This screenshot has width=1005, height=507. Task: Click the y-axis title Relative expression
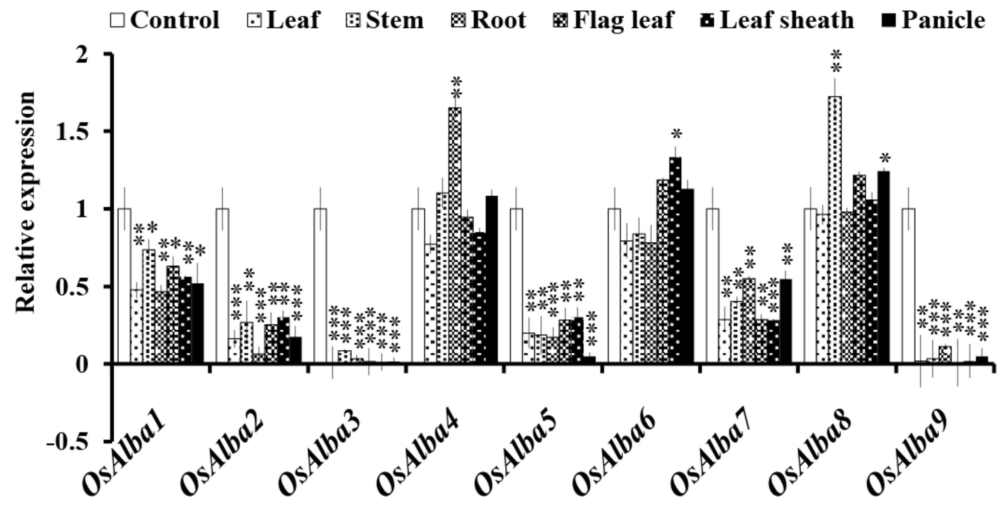pyautogui.click(x=26, y=203)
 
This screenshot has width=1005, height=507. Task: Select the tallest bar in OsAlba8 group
pyautogui.click(x=835, y=230)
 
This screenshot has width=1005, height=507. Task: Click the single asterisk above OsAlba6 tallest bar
pyautogui.click(x=677, y=135)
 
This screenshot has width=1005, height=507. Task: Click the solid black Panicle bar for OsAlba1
pyautogui.click(x=198, y=323)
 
